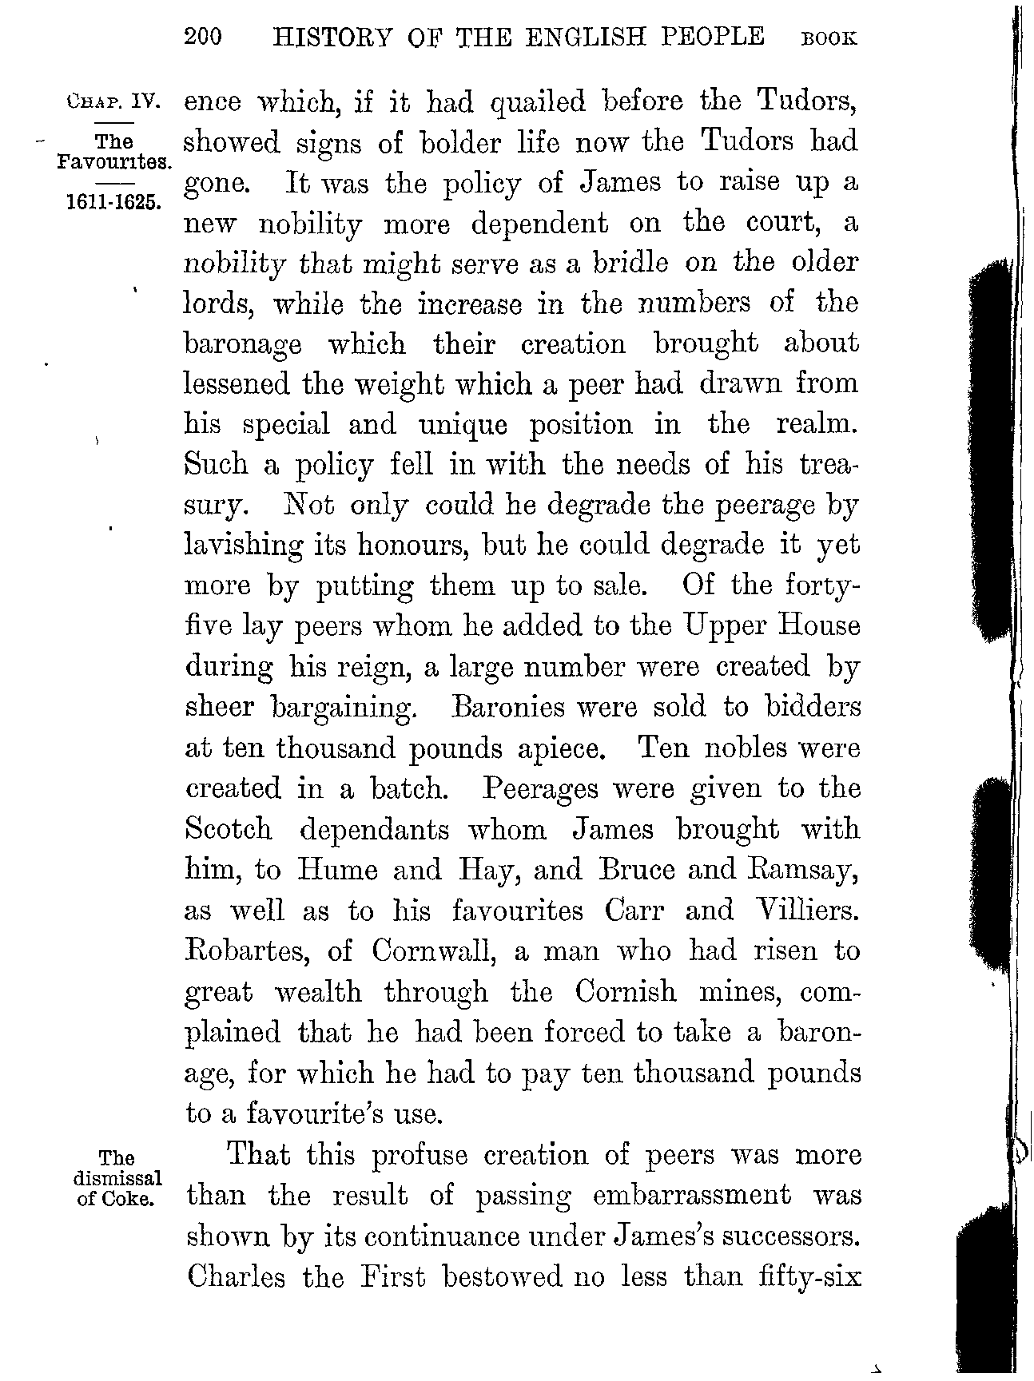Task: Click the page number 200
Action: click(x=202, y=38)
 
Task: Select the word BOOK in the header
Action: click(x=829, y=39)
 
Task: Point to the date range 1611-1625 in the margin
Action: click(x=113, y=200)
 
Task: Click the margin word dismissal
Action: click(x=117, y=1178)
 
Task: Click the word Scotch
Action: click(x=228, y=829)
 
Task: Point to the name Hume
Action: click(x=336, y=870)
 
